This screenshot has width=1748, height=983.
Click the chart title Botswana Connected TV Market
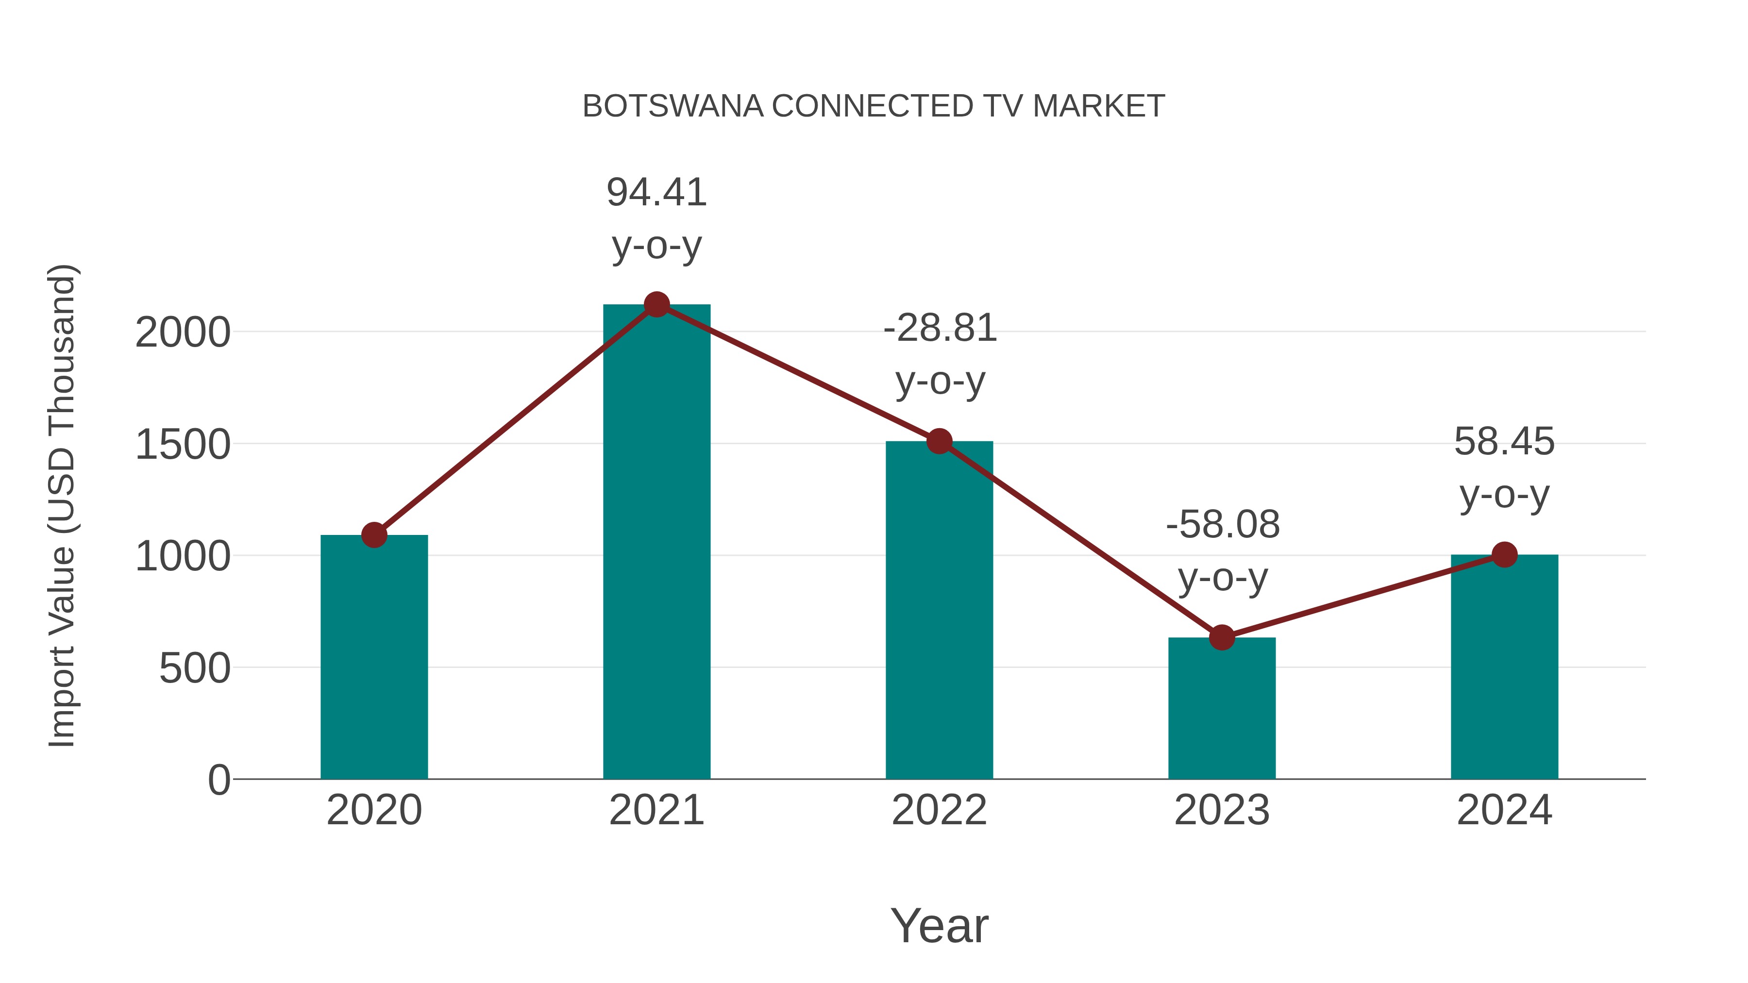[874, 106]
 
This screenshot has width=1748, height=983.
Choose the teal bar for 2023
[1222, 708]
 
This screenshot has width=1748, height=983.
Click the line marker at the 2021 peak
[656, 304]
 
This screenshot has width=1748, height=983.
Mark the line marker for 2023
[1222, 638]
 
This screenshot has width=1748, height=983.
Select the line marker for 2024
[1504, 555]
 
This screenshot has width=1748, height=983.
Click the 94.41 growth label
[656, 193]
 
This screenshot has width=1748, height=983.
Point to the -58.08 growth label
[1222, 525]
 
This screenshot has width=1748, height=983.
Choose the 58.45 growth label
[1504, 442]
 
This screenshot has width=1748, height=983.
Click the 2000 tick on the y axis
[183, 333]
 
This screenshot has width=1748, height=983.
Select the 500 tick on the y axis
[195, 669]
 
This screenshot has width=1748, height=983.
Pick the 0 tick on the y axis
[218, 780]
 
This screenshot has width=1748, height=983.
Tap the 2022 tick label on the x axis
[939, 810]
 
